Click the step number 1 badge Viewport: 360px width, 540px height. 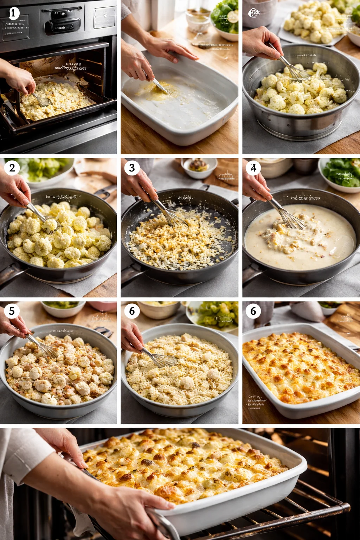click(x=13, y=13)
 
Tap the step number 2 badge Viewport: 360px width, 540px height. click(x=12, y=168)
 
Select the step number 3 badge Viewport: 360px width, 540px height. click(x=132, y=168)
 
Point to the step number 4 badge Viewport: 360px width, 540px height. click(x=253, y=168)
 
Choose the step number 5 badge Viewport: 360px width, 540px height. click(x=12, y=311)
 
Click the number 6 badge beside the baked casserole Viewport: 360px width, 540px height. click(x=253, y=311)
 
